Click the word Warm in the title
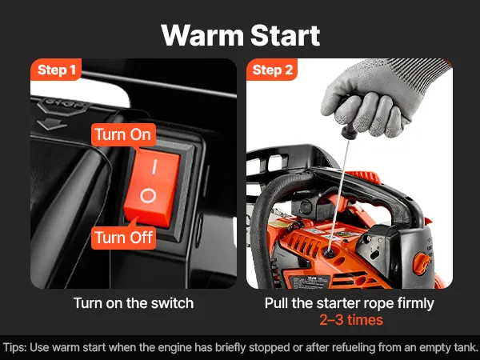[x=202, y=35]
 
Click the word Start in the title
[x=286, y=35]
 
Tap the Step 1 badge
[x=56, y=70]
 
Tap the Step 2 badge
[x=273, y=70]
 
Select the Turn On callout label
[x=123, y=134]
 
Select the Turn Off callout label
[x=124, y=238]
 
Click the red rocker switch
[x=151, y=187]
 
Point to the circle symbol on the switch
[x=148, y=195]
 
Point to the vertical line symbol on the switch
[x=154, y=166]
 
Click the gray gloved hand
[x=382, y=98]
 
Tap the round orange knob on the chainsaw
[x=422, y=263]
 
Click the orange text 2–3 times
[x=351, y=320]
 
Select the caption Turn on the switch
[x=134, y=303]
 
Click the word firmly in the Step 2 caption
[x=416, y=303]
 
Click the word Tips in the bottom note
[x=14, y=348]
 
